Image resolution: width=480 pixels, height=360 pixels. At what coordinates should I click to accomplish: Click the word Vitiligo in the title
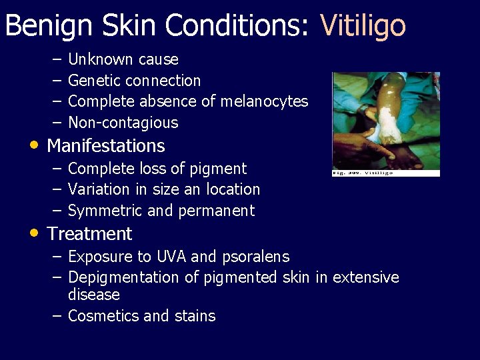(363, 26)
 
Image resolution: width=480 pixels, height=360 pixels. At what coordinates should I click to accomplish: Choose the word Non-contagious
(123, 123)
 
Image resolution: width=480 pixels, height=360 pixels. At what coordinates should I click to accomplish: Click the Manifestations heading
(106, 145)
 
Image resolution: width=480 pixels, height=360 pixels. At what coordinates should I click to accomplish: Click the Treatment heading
(89, 234)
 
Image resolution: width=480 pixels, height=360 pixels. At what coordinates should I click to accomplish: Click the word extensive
(365, 277)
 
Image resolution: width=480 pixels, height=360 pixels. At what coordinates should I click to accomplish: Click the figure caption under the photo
(363, 173)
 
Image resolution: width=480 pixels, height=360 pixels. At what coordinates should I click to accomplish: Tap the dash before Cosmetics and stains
(57, 315)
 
